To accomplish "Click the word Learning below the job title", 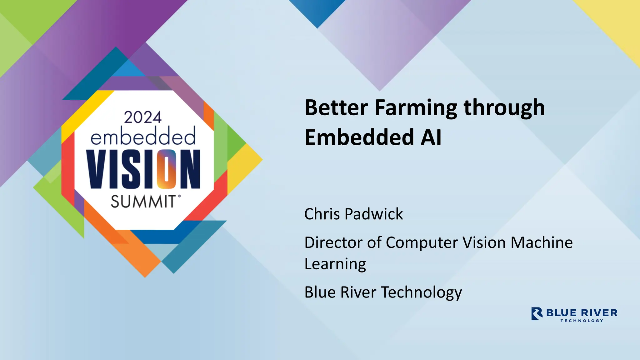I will pyautogui.click(x=335, y=264).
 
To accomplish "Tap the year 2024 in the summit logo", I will pyautogui.click(x=143, y=117).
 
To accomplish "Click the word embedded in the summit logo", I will pyautogui.click(x=143, y=137).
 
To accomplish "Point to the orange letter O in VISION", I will pyautogui.click(x=167, y=169).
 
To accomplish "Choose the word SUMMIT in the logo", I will pyautogui.click(x=144, y=202).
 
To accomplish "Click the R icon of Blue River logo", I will pyautogui.click(x=537, y=313).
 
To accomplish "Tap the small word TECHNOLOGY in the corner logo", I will pyautogui.click(x=581, y=321).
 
